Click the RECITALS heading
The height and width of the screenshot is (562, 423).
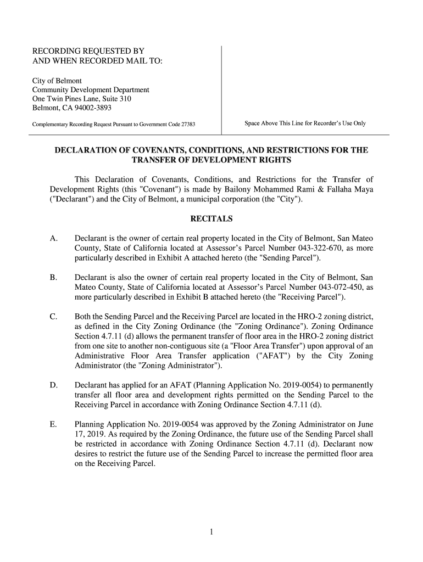click(x=211, y=219)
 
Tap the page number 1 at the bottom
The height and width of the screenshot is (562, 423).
click(x=211, y=531)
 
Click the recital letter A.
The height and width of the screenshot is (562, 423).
click(x=53, y=239)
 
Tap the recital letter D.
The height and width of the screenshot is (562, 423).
click(x=53, y=385)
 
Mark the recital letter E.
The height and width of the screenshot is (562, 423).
click(x=53, y=424)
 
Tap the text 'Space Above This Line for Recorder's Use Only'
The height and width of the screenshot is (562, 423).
click(x=305, y=123)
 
